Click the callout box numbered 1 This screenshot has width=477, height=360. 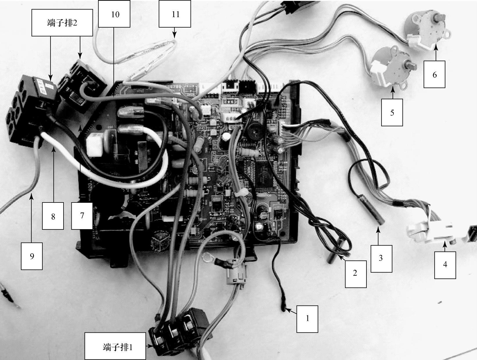[x=307, y=319]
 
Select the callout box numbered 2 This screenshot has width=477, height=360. [x=355, y=274]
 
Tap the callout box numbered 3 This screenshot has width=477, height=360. [x=381, y=258]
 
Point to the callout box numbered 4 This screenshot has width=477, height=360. [x=445, y=265]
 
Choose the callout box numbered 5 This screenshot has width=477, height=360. [x=392, y=112]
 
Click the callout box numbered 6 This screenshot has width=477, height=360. [x=434, y=74]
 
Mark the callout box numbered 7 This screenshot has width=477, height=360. [x=82, y=216]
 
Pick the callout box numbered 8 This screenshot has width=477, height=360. [x=53, y=216]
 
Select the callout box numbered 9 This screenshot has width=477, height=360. [x=32, y=256]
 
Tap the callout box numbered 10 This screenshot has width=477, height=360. [x=114, y=14]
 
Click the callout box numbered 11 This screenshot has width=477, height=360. [x=175, y=14]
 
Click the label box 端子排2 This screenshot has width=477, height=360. [x=62, y=23]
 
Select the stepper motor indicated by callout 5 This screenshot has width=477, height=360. [x=393, y=64]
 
